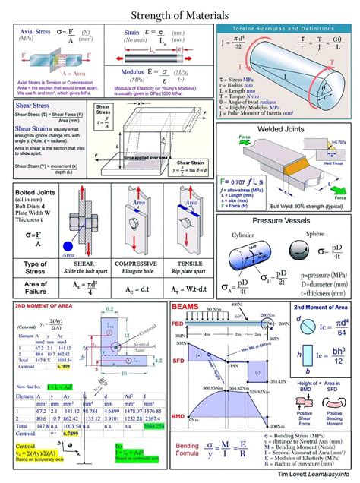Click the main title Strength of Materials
[180, 15]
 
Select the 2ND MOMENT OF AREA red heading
[43, 306]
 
